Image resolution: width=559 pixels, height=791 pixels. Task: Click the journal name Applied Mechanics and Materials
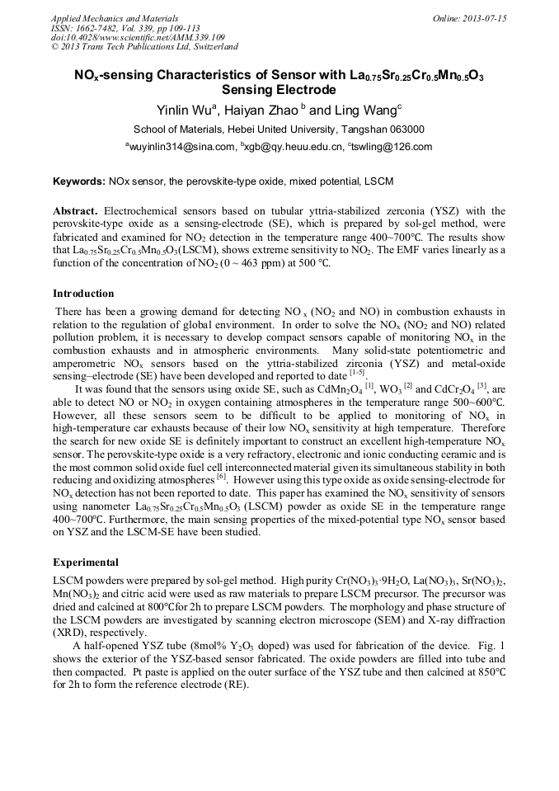104,18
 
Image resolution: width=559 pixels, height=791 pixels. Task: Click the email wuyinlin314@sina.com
181,148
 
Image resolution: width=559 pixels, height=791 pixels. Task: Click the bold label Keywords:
79,181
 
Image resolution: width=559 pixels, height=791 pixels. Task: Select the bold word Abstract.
75,212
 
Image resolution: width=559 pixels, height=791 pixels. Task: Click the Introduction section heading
83,294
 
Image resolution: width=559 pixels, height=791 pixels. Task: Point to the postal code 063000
405,129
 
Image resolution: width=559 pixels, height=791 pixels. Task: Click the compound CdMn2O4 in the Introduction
339,388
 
